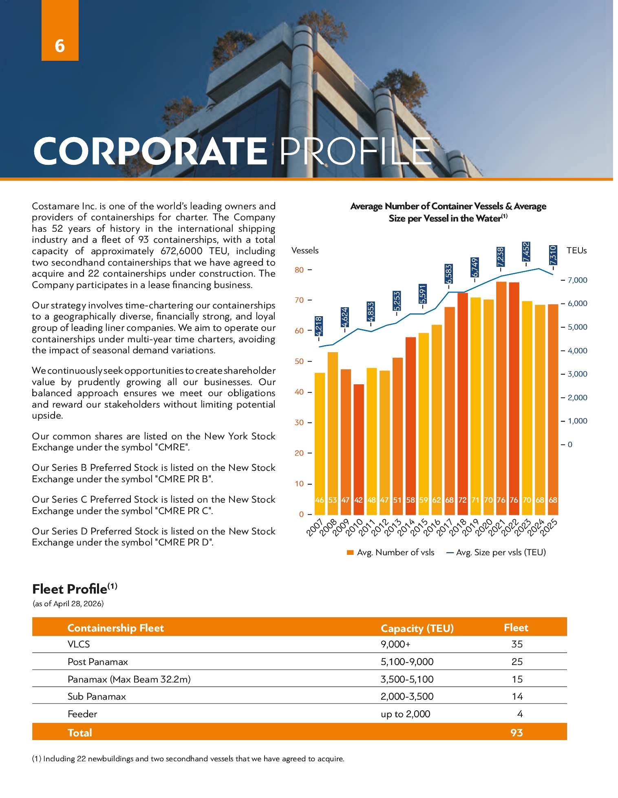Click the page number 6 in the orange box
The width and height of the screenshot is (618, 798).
(x=60, y=46)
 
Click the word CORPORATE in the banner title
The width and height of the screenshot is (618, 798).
(x=150, y=151)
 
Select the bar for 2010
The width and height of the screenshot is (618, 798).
(x=358, y=449)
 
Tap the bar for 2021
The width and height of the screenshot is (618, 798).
(x=501, y=398)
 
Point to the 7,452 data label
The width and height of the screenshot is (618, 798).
(x=526, y=252)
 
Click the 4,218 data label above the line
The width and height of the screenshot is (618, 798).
(x=319, y=326)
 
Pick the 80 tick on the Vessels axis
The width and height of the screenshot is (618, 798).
(x=299, y=270)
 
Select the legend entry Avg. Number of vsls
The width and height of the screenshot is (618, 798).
(x=390, y=552)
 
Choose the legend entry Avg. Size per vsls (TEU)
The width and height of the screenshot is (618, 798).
(x=496, y=552)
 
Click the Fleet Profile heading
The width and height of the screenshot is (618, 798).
(x=75, y=589)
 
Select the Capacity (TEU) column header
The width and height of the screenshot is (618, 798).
(x=417, y=628)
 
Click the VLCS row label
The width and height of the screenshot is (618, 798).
(x=79, y=644)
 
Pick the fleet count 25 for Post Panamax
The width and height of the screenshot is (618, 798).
(x=517, y=662)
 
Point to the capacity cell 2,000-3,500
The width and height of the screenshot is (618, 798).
(x=407, y=696)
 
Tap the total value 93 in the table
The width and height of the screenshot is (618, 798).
(x=516, y=733)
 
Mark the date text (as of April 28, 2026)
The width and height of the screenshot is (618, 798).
(x=68, y=604)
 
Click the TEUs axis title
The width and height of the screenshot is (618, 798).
(x=576, y=250)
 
